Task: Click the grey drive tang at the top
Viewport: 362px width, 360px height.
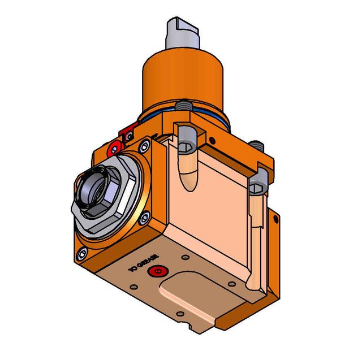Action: click(182, 33)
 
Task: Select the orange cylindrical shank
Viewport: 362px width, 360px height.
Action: click(183, 81)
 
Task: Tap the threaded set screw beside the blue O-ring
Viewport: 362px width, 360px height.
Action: click(183, 106)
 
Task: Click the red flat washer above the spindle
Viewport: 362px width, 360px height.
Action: click(115, 150)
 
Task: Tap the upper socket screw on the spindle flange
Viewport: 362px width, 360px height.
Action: click(145, 146)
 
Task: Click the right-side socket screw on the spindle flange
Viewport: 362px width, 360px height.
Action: click(144, 218)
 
